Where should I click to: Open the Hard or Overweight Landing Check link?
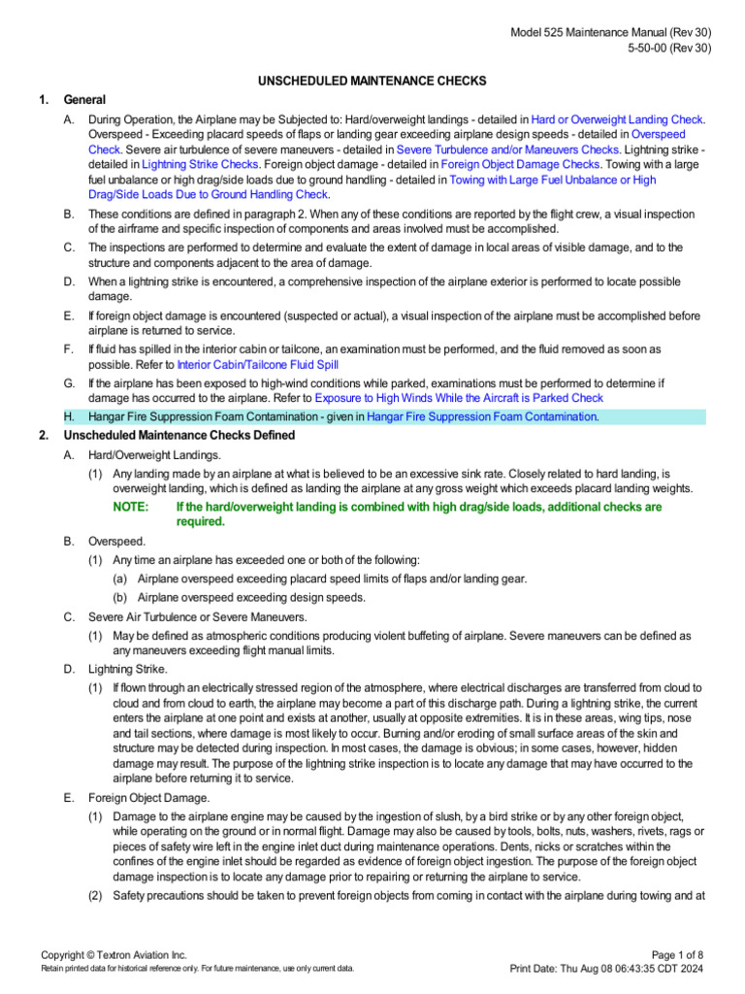(x=618, y=118)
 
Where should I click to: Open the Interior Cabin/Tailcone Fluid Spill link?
(x=257, y=364)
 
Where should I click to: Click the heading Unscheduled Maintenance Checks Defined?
(x=179, y=435)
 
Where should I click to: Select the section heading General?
(x=84, y=99)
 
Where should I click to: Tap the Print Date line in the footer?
(x=611, y=969)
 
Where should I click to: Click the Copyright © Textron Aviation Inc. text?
(x=113, y=955)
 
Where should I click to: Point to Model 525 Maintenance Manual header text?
(x=611, y=33)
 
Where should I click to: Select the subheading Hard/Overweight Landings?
(x=141, y=454)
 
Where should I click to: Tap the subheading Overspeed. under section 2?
(x=117, y=541)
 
